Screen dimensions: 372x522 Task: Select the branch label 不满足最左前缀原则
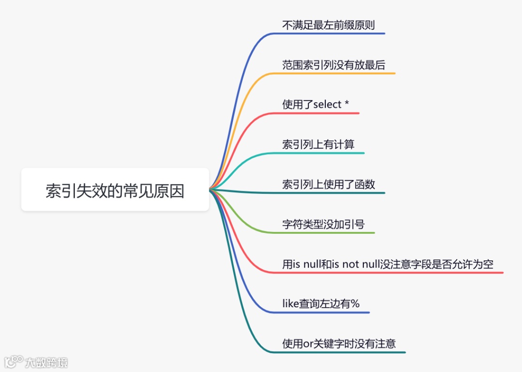coord(328,25)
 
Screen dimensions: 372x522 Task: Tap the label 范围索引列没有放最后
coord(333,65)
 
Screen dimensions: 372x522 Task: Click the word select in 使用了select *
coord(328,104)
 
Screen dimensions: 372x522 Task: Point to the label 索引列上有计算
coord(319,144)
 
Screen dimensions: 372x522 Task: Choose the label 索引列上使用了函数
coord(329,184)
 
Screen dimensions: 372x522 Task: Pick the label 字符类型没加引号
coord(323,224)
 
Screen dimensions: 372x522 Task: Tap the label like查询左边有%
coord(321,304)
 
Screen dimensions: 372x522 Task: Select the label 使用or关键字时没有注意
coord(339,343)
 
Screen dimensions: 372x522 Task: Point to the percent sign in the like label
coord(355,304)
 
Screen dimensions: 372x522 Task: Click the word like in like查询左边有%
coord(290,304)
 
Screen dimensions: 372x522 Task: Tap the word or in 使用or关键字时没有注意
coord(308,344)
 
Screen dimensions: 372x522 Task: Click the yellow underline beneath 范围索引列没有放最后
coord(338,73)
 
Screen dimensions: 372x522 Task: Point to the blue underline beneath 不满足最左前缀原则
coord(333,33)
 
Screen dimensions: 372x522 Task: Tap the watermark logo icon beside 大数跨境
coord(14,361)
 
